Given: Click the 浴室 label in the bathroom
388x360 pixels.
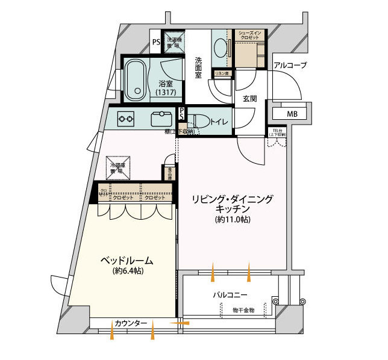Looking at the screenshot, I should (166, 84).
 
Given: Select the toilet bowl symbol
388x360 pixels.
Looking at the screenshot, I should (201, 121).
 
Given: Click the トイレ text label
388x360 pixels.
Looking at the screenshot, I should (219, 122).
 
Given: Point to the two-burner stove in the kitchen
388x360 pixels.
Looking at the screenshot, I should (126, 119).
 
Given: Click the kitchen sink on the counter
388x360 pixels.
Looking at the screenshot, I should (162, 117).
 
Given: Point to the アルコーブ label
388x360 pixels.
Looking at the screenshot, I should (290, 66).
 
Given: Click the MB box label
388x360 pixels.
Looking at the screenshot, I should (292, 113).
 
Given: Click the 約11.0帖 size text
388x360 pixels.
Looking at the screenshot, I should (233, 220).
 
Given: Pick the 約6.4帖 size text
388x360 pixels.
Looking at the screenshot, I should (125, 272).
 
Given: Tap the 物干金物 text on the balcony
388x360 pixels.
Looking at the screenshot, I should (244, 309).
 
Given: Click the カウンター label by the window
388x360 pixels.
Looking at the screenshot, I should (131, 324).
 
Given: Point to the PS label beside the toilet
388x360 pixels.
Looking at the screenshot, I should (183, 114).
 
